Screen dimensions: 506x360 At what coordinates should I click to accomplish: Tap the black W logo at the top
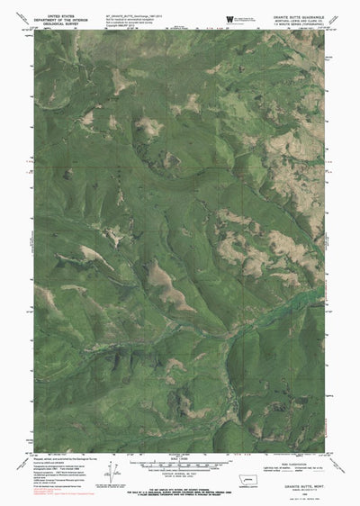coord(231,19)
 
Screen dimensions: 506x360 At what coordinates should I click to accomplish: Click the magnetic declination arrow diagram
coord(112,469)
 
